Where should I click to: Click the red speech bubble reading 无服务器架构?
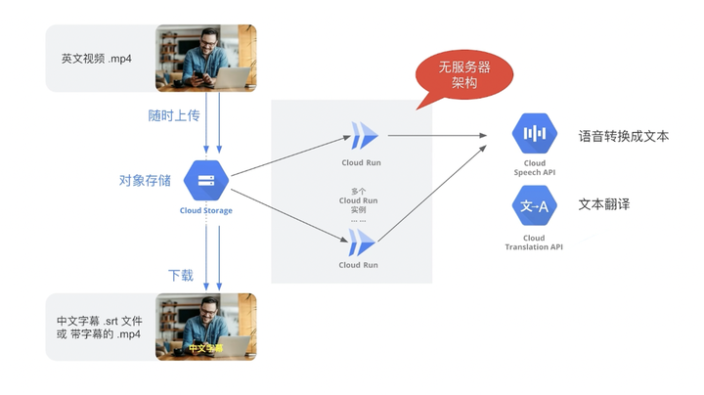click(x=463, y=75)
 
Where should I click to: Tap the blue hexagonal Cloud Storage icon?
click(x=205, y=180)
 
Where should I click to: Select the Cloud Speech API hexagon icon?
click(x=534, y=135)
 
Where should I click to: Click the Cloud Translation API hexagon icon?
click(x=534, y=206)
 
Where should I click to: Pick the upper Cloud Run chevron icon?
click(x=364, y=136)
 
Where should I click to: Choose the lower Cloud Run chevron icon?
click(x=364, y=241)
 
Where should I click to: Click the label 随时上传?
click(x=173, y=115)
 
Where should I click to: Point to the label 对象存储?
click(x=145, y=180)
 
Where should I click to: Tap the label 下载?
click(x=181, y=275)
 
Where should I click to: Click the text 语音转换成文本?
click(x=623, y=136)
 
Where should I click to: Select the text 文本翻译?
click(x=603, y=204)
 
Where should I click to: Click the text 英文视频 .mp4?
click(x=97, y=59)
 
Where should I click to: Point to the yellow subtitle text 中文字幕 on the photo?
click(x=205, y=348)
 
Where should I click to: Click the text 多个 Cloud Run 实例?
click(x=358, y=200)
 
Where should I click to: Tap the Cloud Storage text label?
click(x=205, y=210)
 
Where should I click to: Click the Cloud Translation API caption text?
click(x=534, y=242)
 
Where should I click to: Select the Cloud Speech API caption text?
click(x=534, y=168)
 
